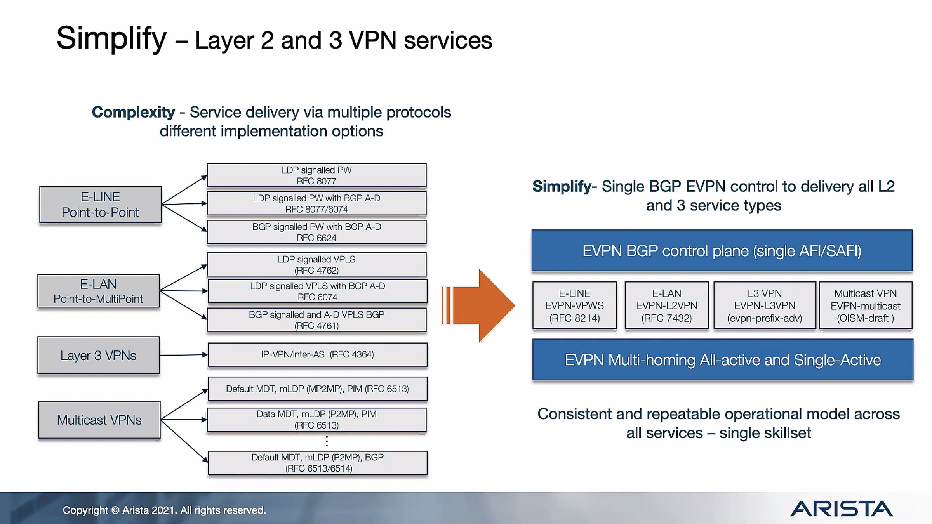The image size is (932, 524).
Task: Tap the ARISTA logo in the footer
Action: point(841,509)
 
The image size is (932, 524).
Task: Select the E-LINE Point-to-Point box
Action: point(100,205)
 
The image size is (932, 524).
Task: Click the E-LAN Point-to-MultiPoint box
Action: point(98,291)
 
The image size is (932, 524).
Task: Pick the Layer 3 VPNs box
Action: point(98,355)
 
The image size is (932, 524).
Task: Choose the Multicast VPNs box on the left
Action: point(99,420)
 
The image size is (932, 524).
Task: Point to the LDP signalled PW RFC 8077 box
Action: point(316,175)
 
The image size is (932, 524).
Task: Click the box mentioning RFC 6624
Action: point(316,232)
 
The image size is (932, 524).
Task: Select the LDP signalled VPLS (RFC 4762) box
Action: point(316,265)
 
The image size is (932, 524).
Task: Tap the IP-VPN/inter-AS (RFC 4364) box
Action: point(317,354)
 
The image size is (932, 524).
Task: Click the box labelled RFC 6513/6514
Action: point(317,463)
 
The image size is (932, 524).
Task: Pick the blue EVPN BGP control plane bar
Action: point(722,251)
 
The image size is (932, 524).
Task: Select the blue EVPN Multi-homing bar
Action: point(722,360)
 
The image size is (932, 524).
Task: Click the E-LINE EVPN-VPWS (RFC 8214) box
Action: point(574,305)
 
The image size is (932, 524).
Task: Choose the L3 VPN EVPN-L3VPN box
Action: point(764,305)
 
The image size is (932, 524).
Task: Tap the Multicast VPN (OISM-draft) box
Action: point(865,305)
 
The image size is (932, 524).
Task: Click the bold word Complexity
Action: point(133,112)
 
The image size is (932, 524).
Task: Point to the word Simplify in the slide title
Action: point(111,39)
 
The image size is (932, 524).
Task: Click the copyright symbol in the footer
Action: point(115,510)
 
